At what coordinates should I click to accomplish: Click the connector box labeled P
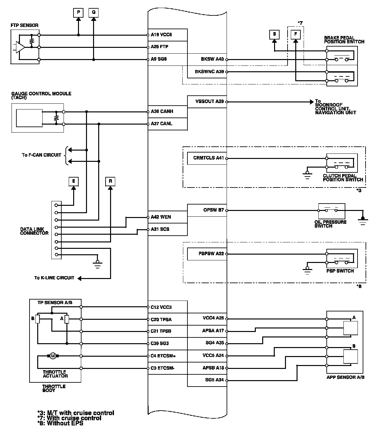point(78,13)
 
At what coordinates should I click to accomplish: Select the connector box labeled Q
point(93,13)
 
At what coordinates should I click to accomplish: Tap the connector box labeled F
point(296,34)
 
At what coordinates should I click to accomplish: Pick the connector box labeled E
point(73,181)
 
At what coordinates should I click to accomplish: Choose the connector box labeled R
point(110,181)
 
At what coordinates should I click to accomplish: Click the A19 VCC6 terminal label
point(161,35)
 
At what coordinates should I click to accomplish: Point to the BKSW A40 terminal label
point(212,59)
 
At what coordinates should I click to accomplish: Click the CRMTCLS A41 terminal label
point(208,158)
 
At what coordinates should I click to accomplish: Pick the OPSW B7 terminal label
point(213,210)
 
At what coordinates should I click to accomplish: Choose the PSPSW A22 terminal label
point(211,254)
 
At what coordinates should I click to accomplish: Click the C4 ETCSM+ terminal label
point(163,356)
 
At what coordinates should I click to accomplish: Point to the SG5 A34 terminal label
point(214,380)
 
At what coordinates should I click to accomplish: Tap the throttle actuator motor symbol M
point(53,356)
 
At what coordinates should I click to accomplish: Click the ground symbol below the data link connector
point(98,263)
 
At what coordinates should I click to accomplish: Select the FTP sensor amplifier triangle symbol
point(20,47)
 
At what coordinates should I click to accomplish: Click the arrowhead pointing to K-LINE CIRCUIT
point(80,278)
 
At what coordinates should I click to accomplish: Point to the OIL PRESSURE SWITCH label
point(330,224)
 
